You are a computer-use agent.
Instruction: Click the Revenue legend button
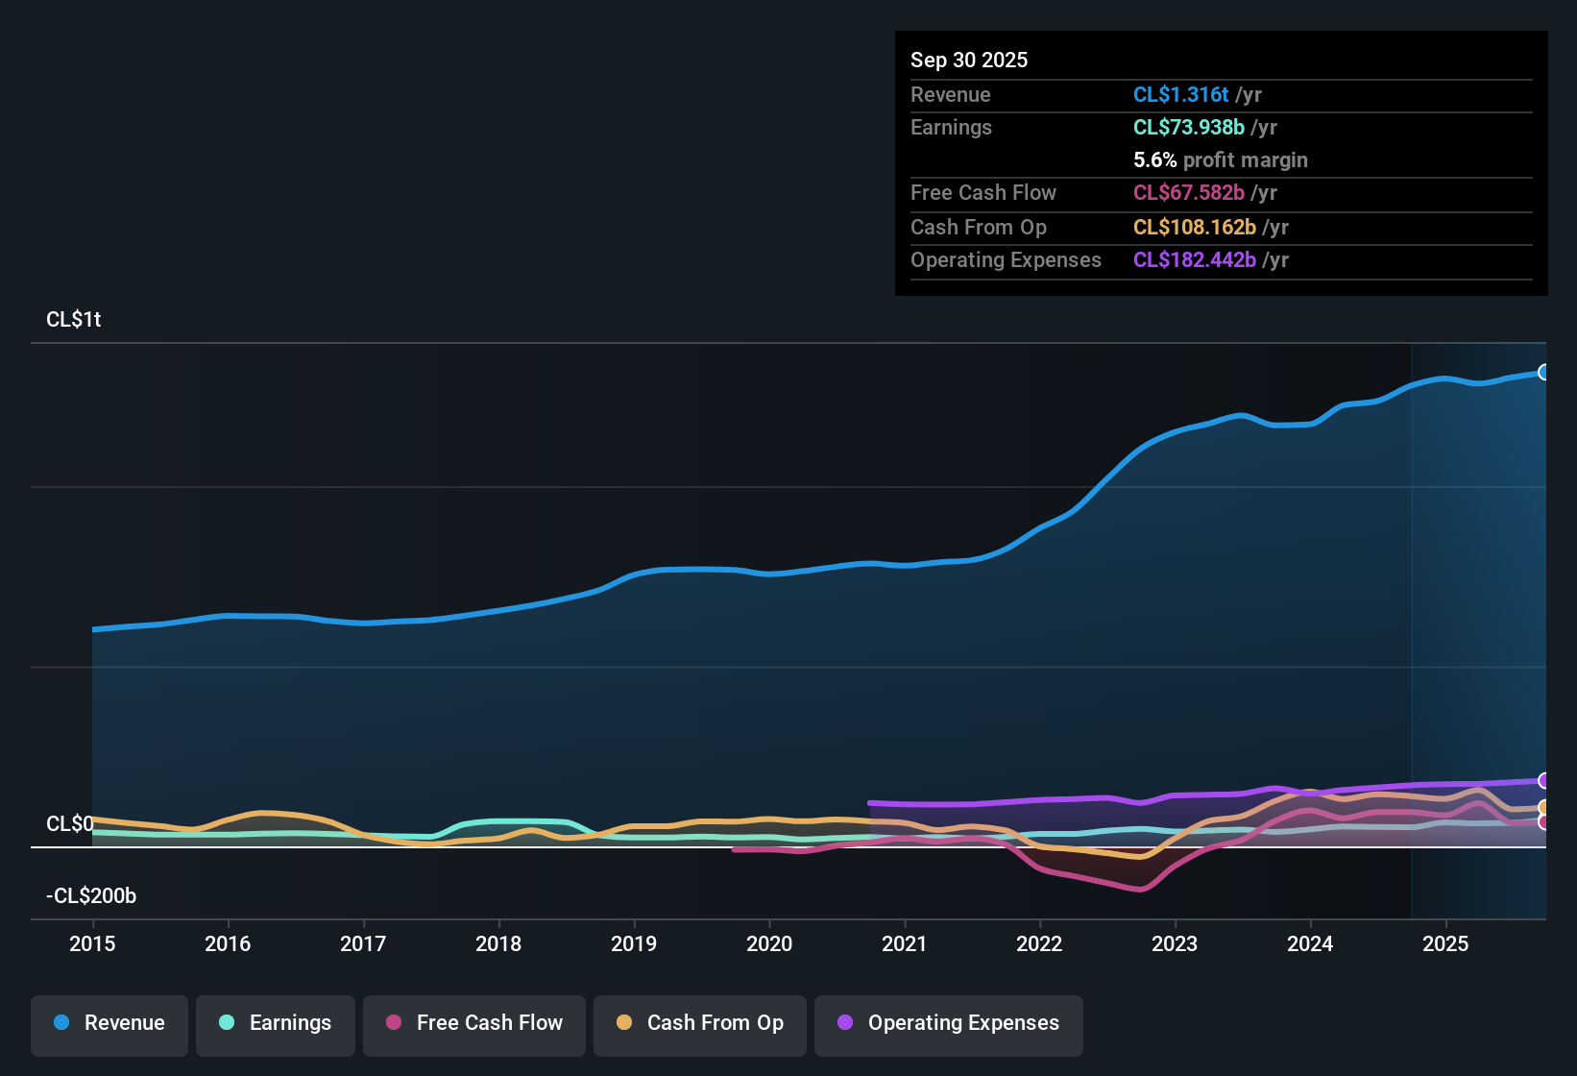(109, 1023)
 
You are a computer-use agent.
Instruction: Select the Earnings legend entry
(276, 1023)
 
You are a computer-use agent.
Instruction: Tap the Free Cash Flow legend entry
(474, 1023)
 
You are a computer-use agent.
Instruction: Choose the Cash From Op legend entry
(700, 1023)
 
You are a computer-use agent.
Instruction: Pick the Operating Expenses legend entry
(949, 1023)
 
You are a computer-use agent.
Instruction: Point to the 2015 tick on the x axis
(92, 943)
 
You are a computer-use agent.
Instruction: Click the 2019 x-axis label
(634, 943)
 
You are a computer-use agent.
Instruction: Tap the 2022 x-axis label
(1039, 943)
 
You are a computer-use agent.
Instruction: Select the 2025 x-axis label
(1445, 943)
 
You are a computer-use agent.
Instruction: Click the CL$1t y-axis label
(74, 319)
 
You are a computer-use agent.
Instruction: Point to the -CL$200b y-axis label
(91, 895)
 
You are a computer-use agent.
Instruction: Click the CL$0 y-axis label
(70, 823)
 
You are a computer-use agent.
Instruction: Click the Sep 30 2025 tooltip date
(969, 60)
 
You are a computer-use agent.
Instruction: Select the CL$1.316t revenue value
(1180, 94)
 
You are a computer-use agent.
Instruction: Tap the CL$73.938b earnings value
(1188, 127)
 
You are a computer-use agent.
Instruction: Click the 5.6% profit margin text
(1220, 159)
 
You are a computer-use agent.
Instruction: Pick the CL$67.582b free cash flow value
(1188, 192)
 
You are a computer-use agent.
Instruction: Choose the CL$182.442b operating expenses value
(1194, 259)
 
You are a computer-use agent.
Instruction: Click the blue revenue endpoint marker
(1543, 372)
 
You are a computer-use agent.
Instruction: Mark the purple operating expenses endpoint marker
(1543, 780)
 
